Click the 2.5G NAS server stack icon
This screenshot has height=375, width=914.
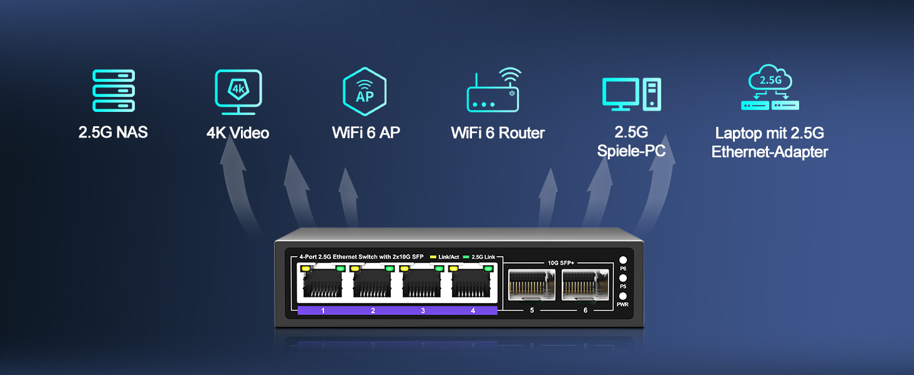114,91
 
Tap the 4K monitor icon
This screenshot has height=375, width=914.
238,92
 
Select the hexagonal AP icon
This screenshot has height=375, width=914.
365,92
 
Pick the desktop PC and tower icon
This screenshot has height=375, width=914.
631,94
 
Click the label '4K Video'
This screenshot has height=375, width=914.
238,133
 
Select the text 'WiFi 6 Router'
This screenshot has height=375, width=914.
498,133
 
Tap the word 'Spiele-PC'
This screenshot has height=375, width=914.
631,151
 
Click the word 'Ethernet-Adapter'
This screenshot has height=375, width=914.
769,152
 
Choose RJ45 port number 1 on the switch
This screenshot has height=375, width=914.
323,284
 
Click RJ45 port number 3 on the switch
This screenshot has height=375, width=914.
423,284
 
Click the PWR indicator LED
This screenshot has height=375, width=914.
622,296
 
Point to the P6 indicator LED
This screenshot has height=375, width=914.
622,260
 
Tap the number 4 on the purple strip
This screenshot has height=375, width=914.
473,311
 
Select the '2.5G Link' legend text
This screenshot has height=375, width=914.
484,257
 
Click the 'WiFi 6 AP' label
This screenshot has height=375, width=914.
366,132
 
